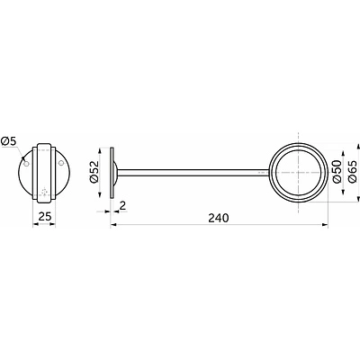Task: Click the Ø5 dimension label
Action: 10,141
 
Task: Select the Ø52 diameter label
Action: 94,172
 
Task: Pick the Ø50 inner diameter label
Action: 337,172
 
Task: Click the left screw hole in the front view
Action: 26,164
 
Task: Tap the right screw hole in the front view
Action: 61,163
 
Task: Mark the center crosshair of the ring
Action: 298,172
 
